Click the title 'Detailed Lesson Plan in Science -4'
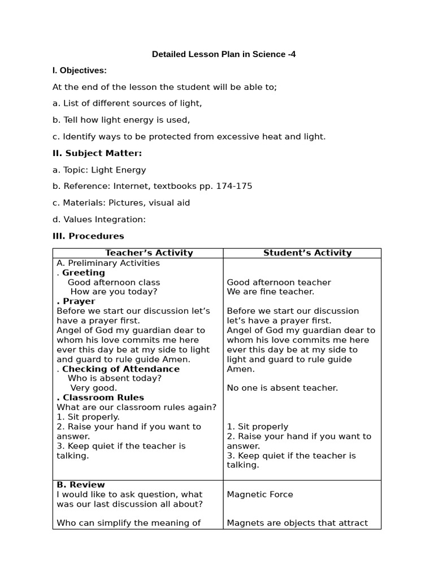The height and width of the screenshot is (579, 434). (x=224, y=54)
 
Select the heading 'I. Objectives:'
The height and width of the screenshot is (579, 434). (x=80, y=71)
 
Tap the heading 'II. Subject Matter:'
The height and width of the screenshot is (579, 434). (x=97, y=153)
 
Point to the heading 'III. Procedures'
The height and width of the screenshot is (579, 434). (x=88, y=236)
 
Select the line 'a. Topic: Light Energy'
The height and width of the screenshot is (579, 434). (x=99, y=170)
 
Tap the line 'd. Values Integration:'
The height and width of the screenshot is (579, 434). (x=99, y=219)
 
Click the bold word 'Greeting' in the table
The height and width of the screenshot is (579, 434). (x=84, y=273)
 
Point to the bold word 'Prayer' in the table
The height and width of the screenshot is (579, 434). (x=79, y=301)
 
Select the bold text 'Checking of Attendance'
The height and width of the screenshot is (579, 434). (x=121, y=369)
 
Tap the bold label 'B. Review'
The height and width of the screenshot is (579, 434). (x=81, y=485)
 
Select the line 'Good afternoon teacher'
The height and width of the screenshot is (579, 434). (x=279, y=282)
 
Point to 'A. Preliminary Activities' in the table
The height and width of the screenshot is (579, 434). (x=108, y=263)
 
